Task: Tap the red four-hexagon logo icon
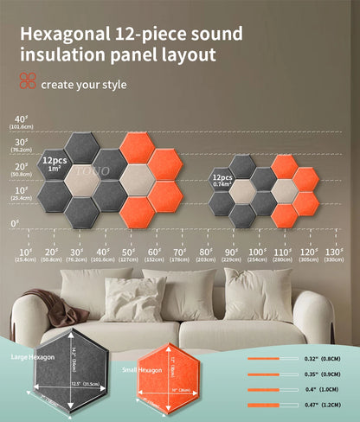point(27,81)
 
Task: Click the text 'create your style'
point(84,85)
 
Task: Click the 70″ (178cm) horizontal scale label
point(179,254)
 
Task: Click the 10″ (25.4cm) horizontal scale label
point(27,254)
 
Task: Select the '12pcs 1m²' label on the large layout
point(55,164)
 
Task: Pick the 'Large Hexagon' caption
point(31,355)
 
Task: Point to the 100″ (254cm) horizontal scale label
point(256,254)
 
